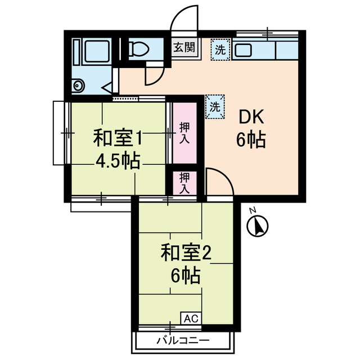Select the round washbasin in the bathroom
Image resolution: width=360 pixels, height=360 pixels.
78,85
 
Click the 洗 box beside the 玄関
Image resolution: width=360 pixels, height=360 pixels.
220,49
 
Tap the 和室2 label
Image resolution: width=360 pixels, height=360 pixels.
185,253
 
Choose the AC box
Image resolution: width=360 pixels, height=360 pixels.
191,318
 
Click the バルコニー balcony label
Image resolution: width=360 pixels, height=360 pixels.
183,341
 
